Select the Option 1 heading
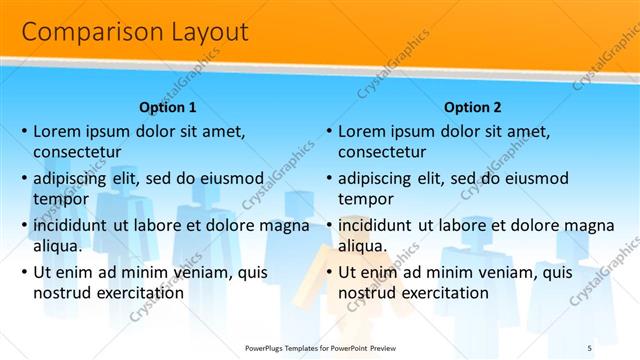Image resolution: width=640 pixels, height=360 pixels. tap(167, 107)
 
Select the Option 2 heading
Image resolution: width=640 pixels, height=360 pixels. tap(472, 107)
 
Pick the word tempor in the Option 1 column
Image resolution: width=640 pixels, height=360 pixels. tap(60, 198)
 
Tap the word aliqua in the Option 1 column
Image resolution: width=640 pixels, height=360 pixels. tap(57, 245)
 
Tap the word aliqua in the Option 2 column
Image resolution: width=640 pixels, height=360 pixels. tap(361, 245)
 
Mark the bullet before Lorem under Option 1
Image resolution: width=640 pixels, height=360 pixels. tap(23, 131)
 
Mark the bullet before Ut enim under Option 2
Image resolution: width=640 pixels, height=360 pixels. tap(327, 272)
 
